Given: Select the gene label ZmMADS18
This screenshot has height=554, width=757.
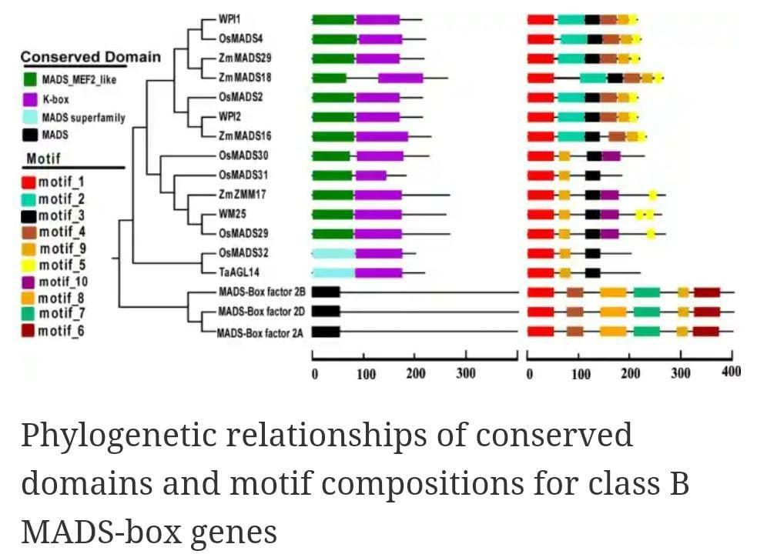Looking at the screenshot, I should tap(245, 77).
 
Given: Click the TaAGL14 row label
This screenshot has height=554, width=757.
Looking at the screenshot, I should tap(237, 272).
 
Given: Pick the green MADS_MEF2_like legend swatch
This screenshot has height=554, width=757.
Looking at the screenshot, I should tap(31, 78).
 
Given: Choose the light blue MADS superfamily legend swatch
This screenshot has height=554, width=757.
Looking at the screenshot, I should tap(31, 118).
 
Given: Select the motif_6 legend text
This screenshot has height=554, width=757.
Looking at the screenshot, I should tap(62, 332).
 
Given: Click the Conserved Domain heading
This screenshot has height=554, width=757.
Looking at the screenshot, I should tap(91, 57).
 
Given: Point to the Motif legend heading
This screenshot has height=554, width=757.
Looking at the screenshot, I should tap(43, 159).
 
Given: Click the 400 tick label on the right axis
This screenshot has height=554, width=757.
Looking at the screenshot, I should tap(732, 372).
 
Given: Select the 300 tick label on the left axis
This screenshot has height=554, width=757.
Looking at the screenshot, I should tap(465, 374).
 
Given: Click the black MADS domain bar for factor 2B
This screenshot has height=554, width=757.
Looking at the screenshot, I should tap(326, 292).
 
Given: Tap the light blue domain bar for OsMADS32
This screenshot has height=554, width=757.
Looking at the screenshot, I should tap(333, 252).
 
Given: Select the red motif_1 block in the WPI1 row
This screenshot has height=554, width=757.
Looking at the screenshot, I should tap(541, 18).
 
